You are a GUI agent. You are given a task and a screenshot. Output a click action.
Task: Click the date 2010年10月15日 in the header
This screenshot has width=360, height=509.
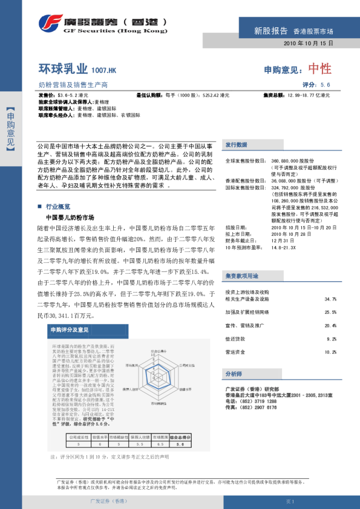pyautogui.click(x=308, y=44)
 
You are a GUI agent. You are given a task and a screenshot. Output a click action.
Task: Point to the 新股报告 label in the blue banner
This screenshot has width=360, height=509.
pyautogui.click(x=270, y=31)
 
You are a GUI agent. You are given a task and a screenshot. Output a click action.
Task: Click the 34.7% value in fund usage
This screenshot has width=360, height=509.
pyautogui.click(x=330, y=282)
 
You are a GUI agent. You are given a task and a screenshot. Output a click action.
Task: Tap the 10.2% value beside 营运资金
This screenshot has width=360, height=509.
pyautogui.click(x=330, y=351)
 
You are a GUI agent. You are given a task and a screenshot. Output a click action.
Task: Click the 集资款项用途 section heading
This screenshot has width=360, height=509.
pyautogui.click(x=242, y=258)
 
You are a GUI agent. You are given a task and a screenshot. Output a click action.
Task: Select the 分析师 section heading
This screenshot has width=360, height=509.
pyautogui.click(x=234, y=374)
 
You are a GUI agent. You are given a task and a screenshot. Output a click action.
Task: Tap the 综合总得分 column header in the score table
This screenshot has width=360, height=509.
pyautogui.click(x=179, y=436)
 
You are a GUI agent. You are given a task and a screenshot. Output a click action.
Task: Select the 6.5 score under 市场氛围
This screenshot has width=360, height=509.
pyautogui.click(x=160, y=443)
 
